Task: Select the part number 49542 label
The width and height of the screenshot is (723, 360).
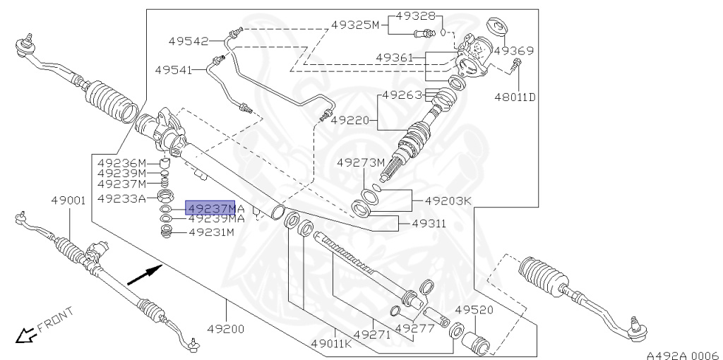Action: pos(188,42)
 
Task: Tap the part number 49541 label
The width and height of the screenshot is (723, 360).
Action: pos(174,69)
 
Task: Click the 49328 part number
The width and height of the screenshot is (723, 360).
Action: pos(415,16)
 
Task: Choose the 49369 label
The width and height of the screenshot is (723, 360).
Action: pos(513,51)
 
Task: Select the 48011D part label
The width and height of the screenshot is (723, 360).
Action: pos(515,96)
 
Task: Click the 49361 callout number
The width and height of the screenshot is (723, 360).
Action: pos(395,57)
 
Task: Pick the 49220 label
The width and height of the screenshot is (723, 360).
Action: pos(351,121)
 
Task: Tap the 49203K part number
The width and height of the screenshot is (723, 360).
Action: pos(448,200)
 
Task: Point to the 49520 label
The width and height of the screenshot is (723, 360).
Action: pos(474,310)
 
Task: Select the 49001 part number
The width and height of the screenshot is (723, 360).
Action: pos(68,200)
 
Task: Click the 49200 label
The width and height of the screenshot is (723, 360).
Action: pos(225,328)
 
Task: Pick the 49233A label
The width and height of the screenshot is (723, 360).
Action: pos(121,198)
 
